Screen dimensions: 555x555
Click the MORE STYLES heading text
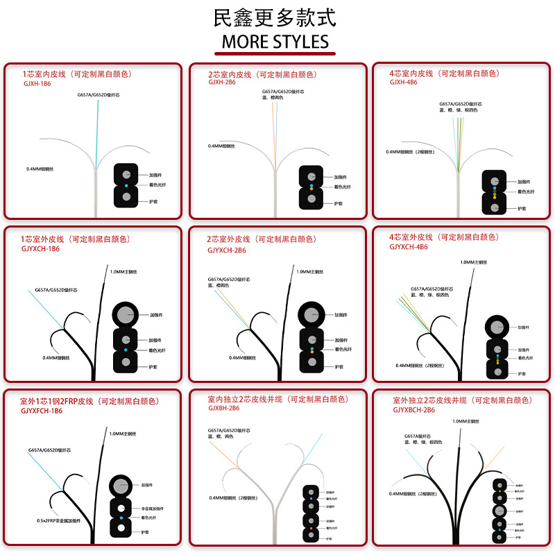275,41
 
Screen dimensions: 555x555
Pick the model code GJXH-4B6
403,82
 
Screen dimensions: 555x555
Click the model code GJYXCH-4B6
409,246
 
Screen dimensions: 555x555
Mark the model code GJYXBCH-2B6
413,410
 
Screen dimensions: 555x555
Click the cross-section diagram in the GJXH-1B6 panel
126,186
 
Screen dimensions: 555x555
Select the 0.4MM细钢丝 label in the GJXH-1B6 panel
41,169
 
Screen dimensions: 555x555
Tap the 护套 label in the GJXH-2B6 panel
339,203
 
